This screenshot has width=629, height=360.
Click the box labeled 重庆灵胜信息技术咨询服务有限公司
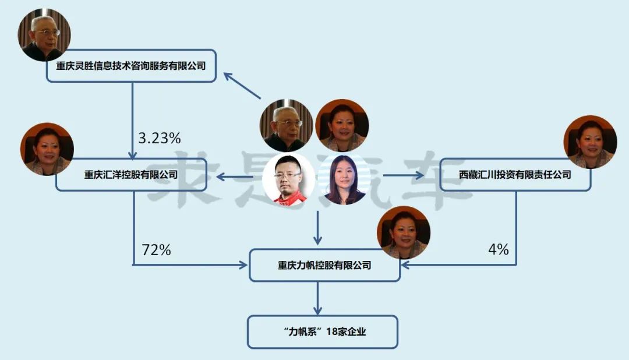pyautogui.click(x=131, y=66)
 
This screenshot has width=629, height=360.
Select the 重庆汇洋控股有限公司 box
pyautogui.click(x=131, y=174)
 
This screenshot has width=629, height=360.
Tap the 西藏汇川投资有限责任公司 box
pyautogui.click(x=515, y=174)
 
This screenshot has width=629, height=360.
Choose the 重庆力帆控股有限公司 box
pyautogui.click(x=324, y=265)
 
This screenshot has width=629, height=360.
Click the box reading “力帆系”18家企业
pyautogui.click(x=322, y=332)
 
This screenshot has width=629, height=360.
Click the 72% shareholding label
pyautogui.click(x=156, y=250)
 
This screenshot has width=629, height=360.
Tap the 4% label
pyautogui.click(x=499, y=250)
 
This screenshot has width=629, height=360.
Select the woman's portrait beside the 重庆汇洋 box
pyautogui.click(x=47, y=149)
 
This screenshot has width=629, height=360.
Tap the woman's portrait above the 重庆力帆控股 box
pyautogui.click(x=404, y=232)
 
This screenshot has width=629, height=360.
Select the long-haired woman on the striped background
pyautogui.click(x=344, y=180)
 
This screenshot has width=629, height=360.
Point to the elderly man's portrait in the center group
pyautogui.click(x=285, y=126)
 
